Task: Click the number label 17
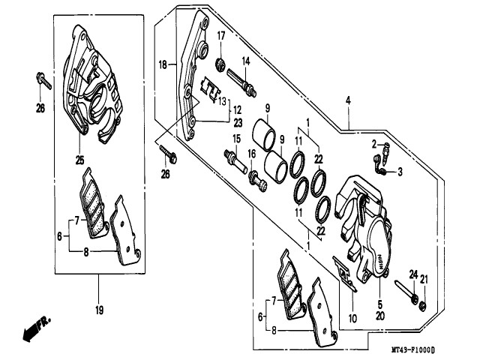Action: coord(221,36)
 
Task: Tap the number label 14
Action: coord(245,61)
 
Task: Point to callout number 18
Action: coord(163,64)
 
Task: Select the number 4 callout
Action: coord(348,100)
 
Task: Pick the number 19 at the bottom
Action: coord(99,309)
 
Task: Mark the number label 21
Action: coord(424,280)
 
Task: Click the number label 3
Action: coord(400,172)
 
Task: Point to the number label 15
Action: coord(235,139)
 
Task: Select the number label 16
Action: coord(252,154)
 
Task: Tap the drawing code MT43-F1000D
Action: coord(412,350)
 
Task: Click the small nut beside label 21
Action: coord(423,304)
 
